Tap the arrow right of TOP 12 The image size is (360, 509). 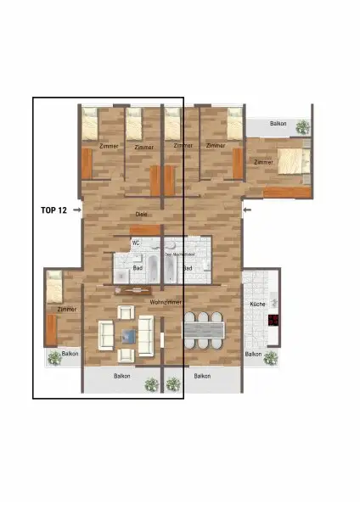(77, 209)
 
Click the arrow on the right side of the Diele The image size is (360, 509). (246, 209)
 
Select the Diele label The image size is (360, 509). (142, 214)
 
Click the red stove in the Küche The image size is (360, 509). (274, 321)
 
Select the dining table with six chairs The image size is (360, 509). (203, 329)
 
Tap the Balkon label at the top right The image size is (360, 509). (278, 124)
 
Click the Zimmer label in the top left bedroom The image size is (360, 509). (109, 147)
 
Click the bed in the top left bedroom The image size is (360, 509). (92, 123)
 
